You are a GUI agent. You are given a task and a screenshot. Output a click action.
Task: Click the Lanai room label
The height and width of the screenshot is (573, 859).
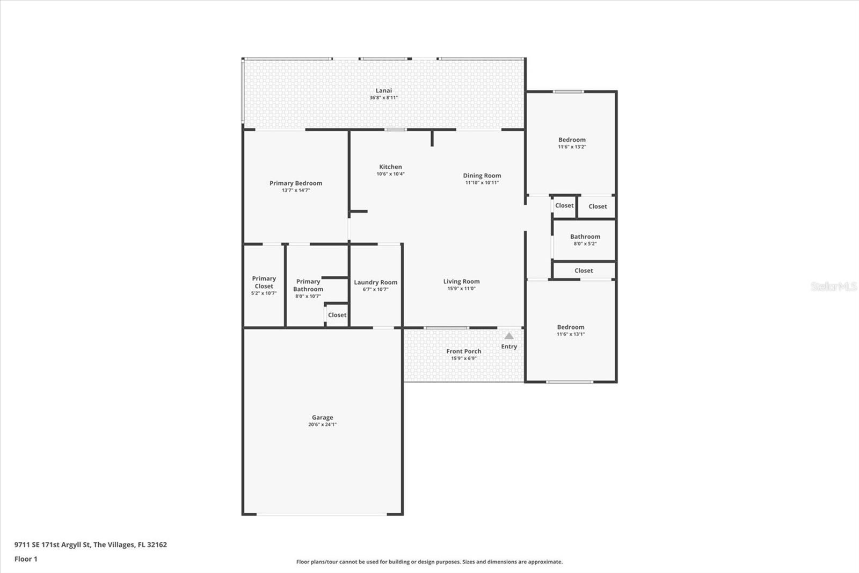tap(383, 91)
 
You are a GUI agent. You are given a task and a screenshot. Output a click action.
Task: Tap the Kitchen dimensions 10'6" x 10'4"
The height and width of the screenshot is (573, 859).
tap(390, 174)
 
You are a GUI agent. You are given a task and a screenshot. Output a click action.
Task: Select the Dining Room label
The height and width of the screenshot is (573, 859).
tap(482, 176)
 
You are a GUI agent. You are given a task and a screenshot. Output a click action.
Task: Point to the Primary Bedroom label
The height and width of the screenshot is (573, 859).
tap(296, 183)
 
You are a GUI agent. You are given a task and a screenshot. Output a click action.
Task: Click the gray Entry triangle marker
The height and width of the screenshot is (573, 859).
tap(509, 336)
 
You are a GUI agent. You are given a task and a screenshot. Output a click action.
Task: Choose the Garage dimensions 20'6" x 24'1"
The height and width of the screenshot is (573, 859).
tap(322, 424)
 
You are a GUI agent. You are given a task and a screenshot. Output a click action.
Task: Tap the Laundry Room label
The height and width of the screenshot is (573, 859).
tap(375, 282)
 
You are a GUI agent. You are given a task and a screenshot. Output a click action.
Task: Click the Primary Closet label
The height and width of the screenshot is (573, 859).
tap(264, 282)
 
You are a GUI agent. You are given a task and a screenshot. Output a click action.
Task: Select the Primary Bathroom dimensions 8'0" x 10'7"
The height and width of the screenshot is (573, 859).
tap(308, 296)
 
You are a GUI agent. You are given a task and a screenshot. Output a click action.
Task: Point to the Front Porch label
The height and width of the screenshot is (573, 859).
tap(464, 352)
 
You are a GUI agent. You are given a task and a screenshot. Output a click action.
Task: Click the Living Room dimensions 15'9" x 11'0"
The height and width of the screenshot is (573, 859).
tap(461, 289)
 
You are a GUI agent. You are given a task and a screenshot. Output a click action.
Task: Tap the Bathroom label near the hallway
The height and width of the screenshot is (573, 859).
tap(585, 237)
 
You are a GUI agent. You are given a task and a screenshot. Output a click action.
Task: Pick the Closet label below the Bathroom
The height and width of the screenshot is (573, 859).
tap(584, 271)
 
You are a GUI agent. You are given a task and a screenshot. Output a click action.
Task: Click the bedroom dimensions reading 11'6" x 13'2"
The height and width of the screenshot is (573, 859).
tap(572, 147)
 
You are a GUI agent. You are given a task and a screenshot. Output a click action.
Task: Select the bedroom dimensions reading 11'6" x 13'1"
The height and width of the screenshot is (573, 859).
tap(571, 334)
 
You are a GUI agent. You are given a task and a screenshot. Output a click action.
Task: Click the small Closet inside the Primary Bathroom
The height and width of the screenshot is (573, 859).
tap(337, 315)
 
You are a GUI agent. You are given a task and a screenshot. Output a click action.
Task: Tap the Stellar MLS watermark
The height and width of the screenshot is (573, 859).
tap(833, 286)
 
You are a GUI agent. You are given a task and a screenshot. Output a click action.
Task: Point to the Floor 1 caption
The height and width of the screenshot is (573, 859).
tap(26, 559)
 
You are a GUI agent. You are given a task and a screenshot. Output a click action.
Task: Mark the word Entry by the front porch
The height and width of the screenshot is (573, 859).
tap(509, 346)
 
